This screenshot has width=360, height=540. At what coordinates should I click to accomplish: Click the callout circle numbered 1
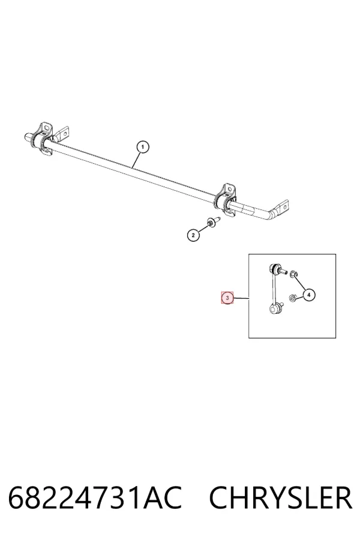[x=143, y=147]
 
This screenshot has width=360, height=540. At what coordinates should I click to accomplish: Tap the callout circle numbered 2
[x=193, y=235]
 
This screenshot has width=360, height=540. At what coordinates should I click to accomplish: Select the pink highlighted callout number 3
[x=227, y=298]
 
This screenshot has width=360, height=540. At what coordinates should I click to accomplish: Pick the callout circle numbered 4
[x=308, y=295]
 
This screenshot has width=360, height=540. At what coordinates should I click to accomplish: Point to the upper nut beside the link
[x=293, y=274]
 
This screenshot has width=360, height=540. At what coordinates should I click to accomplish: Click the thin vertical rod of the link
[x=273, y=288]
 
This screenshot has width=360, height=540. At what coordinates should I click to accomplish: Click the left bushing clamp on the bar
[x=42, y=140]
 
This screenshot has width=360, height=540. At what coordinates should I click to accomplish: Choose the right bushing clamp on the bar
[x=226, y=200]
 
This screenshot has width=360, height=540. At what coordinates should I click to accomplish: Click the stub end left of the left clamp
[x=28, y=136]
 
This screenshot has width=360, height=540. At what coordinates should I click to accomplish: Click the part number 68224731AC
[x=95, y=498]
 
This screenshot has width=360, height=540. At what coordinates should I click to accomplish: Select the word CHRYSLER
[x=280, y=498]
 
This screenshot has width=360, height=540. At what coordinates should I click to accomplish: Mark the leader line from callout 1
[x=136, y=160]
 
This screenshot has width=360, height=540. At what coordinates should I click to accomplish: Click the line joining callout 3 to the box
[x=241, y=298]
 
